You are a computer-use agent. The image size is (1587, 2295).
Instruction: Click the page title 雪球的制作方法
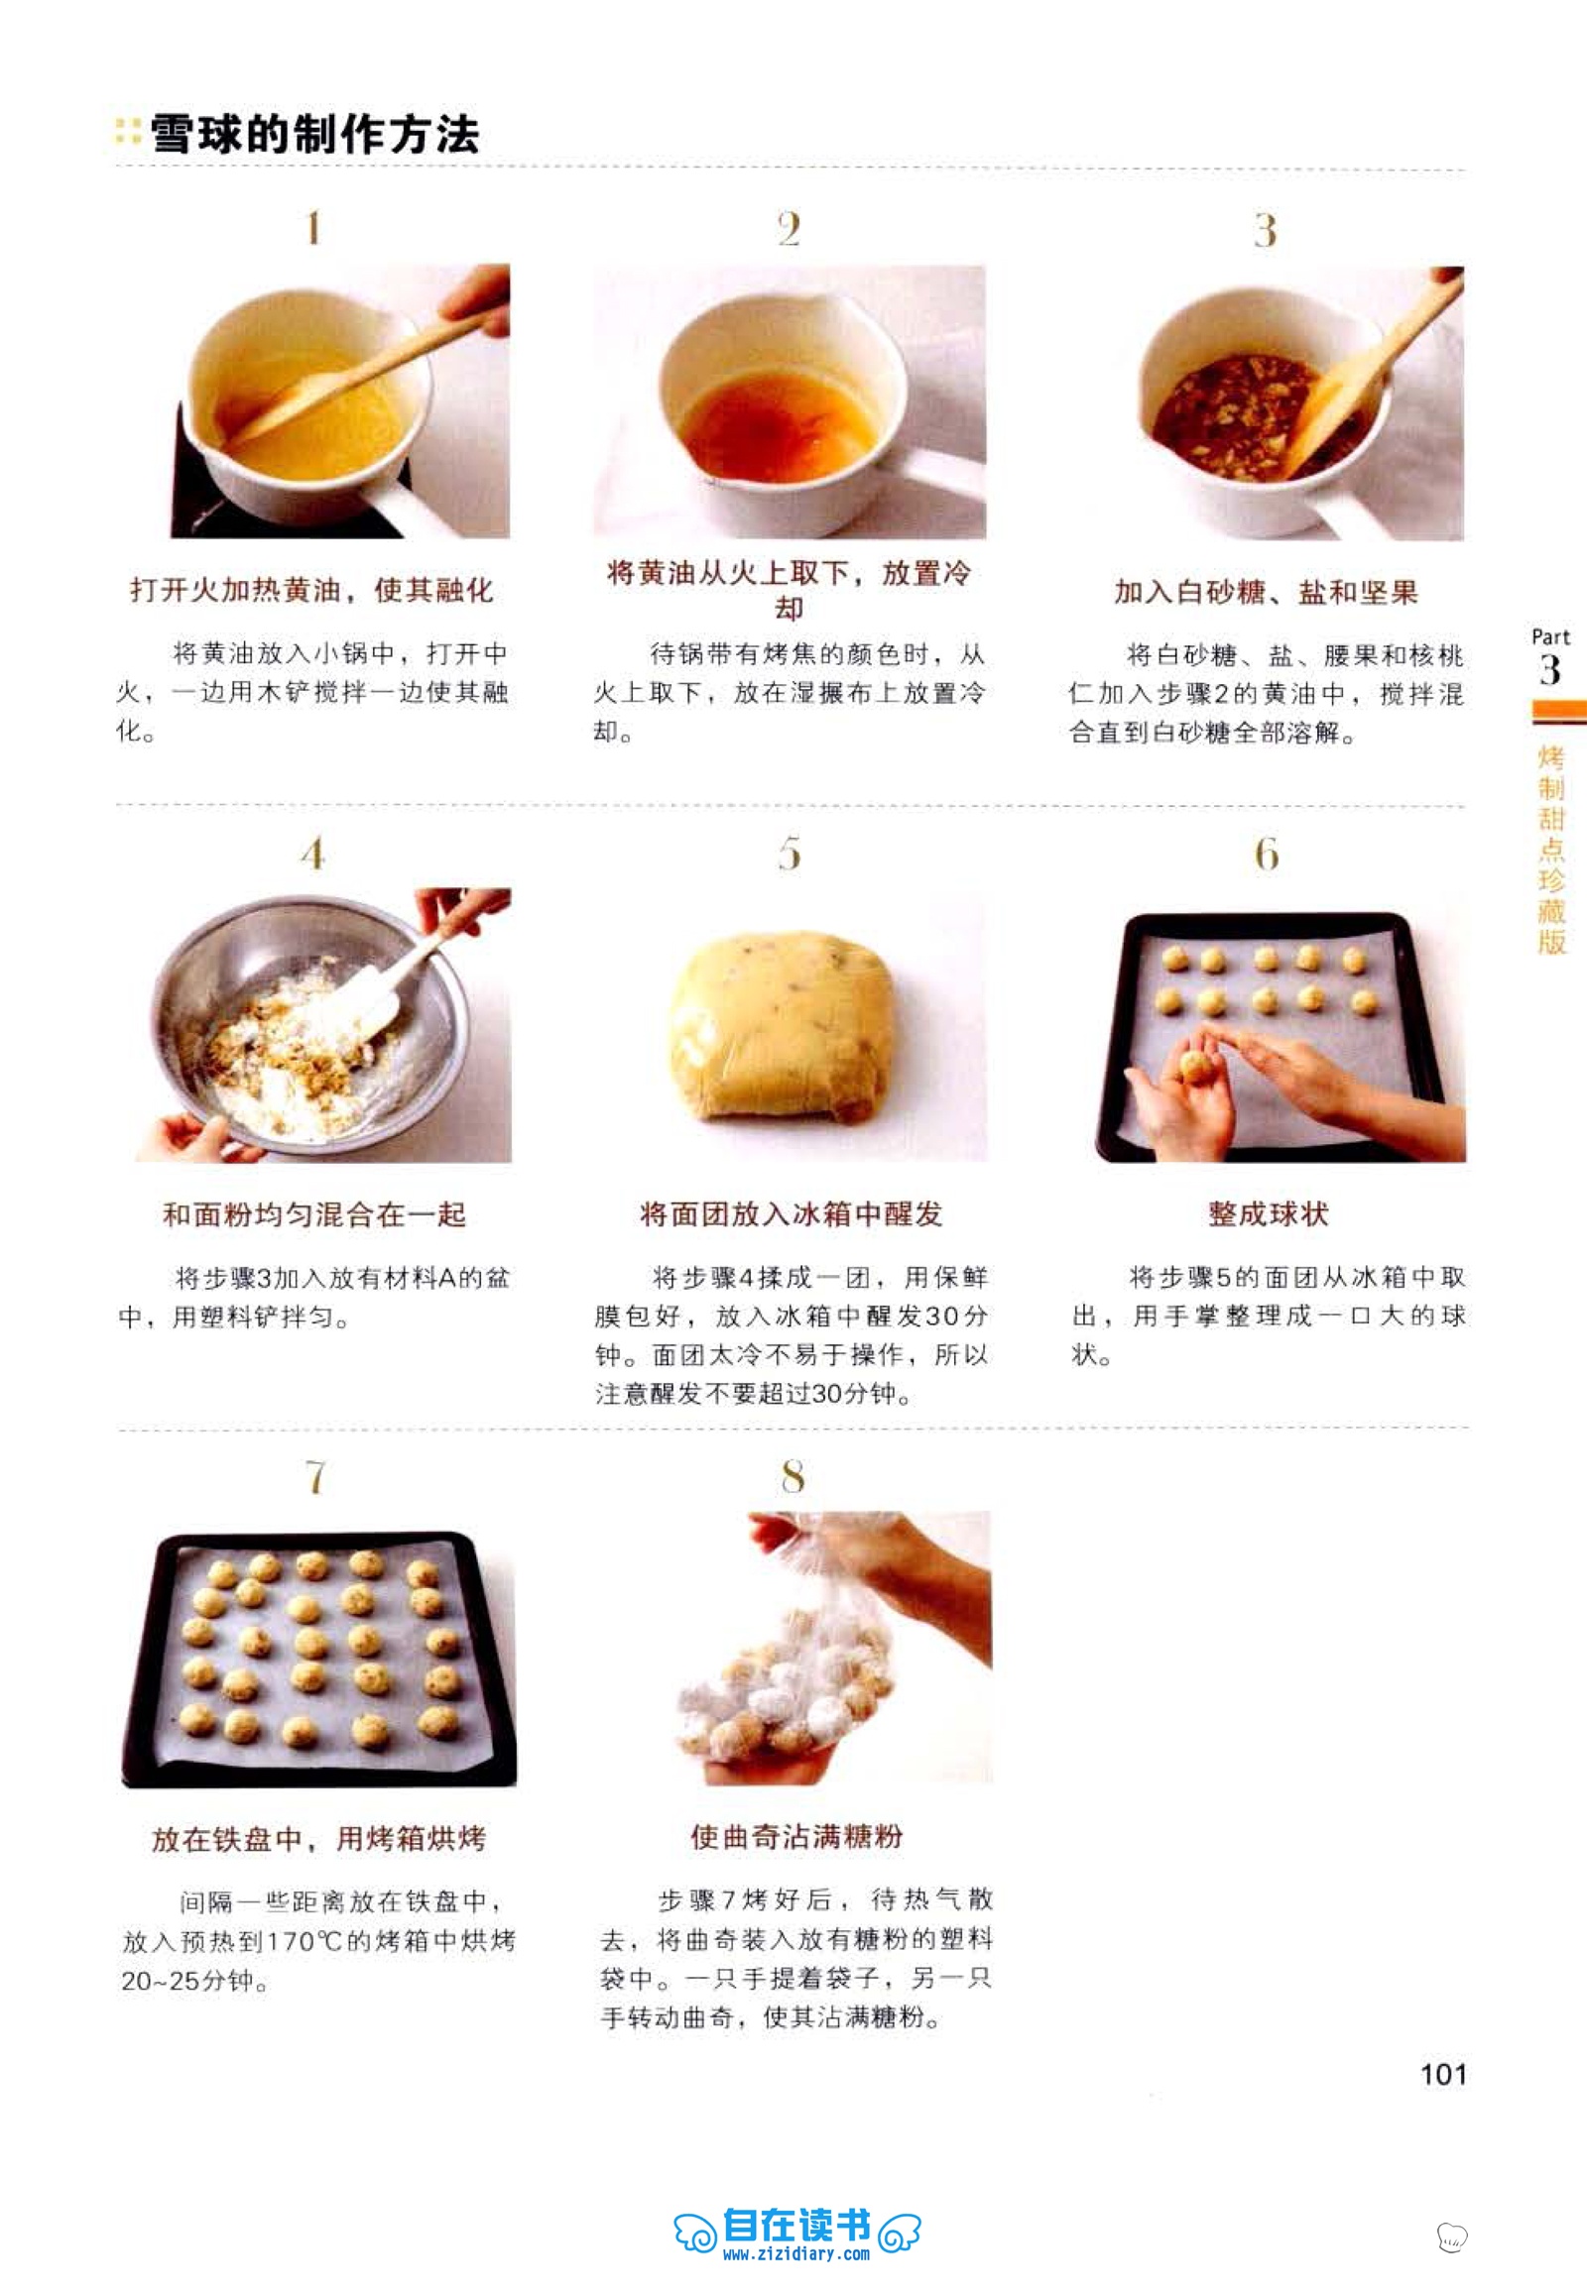click(314, 134)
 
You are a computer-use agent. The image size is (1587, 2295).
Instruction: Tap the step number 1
click(313, 229)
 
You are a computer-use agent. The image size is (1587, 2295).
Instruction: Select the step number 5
click(790, 854)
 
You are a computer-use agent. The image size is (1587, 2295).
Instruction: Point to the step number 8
click(793, 1477)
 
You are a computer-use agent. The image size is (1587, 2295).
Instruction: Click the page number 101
click(1443, 2073)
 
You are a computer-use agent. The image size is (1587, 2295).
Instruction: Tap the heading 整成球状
click(1268, 1213)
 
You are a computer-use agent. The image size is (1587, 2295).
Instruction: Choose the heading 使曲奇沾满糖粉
click(796, 1836)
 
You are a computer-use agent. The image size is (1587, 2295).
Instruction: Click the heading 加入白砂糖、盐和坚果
click(1266, 593)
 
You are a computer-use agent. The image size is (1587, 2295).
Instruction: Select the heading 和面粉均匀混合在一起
click(314, 1213)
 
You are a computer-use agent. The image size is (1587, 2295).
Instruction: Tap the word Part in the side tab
click(1550, 636)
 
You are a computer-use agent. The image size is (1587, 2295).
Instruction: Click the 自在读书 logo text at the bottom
click(797, 2225)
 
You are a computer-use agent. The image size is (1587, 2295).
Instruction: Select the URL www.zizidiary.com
click(796, 2253)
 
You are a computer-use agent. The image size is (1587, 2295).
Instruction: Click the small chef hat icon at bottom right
click(1452, 2238)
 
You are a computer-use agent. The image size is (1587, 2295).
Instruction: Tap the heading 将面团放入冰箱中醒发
click(791, 1213)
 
